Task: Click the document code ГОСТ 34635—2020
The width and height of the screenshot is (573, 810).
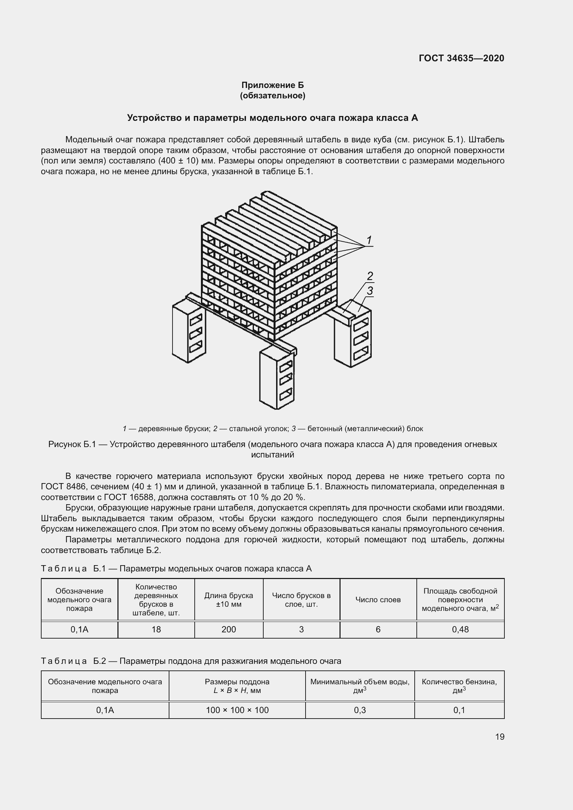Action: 461,58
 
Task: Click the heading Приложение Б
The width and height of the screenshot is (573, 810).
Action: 272,85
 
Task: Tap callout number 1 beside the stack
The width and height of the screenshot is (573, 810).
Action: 369,241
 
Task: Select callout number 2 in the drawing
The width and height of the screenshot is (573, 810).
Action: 370,276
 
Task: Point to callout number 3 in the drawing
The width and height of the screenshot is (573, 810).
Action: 370,291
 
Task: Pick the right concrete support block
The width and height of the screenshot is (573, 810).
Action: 352,339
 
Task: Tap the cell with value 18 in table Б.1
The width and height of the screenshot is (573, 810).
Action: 156,629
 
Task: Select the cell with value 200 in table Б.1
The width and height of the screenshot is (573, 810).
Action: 229,629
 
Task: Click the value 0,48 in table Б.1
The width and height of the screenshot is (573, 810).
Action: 460,629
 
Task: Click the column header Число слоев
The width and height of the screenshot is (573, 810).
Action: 378,600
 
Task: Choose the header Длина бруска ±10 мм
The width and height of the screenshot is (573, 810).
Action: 229,600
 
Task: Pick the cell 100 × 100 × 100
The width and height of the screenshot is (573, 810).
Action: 237,710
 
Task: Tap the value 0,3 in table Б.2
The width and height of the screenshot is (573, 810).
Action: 360,710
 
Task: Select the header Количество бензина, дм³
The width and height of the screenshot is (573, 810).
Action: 459,686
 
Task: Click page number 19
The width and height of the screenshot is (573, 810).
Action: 500,737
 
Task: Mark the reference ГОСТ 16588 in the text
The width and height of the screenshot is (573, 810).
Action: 129,497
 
